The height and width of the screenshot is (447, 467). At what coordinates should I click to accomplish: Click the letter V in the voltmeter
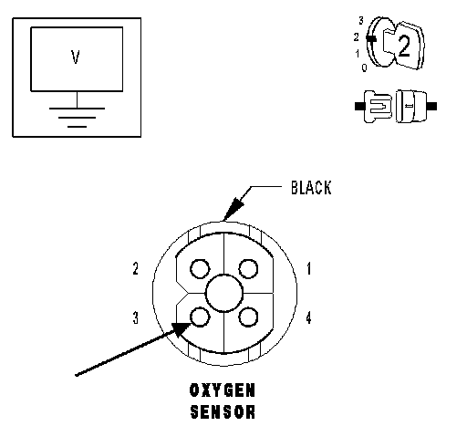click(76, 57)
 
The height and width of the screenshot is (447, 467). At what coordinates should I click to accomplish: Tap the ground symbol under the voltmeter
click(77, 117)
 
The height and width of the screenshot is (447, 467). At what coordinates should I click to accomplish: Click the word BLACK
click(311, 188)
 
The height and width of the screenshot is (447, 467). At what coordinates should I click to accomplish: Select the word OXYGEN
click(223, 390)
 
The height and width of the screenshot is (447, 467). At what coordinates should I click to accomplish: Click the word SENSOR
click(223, 411)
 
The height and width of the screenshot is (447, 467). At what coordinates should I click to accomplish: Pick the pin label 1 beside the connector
click(309, 269)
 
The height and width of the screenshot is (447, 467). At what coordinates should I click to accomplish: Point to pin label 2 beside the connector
click(136, 269)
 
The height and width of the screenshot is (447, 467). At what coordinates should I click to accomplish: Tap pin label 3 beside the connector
click(136, 317)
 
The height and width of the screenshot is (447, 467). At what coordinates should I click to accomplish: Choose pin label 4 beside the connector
click(308, 318)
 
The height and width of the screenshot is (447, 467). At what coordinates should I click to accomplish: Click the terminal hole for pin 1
click(248, 269)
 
